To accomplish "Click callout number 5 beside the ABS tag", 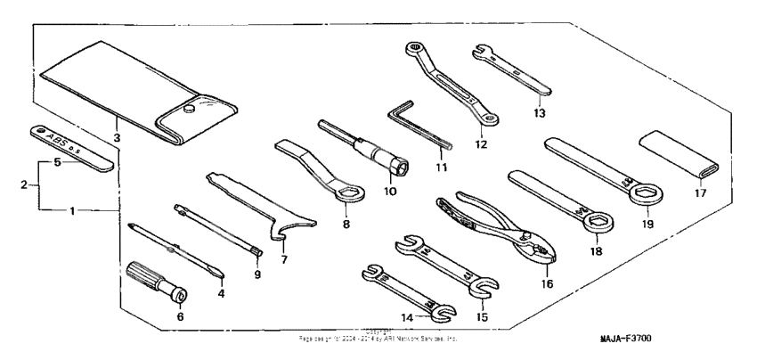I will (56, 163).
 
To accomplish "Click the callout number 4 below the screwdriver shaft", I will (222, 292).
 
